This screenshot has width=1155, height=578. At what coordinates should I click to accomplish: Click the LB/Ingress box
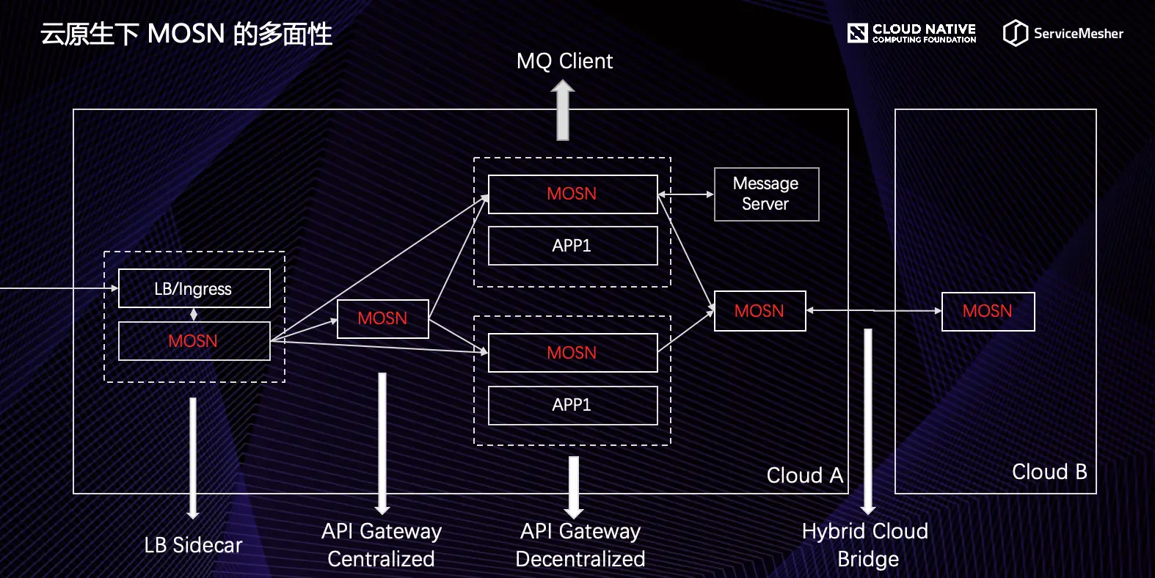(194, 288)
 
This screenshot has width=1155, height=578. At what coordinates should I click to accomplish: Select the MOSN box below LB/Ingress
(194, 341)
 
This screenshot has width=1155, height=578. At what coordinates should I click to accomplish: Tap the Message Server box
(766, 194)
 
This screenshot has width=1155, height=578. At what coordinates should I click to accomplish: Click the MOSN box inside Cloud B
(988, 311)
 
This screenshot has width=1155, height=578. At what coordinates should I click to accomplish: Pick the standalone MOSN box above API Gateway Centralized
(382, 318)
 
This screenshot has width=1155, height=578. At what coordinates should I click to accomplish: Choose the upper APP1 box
(572, 246)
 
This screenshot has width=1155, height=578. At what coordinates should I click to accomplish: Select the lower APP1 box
(572, 405)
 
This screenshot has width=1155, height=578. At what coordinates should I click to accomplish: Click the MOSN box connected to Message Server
(572, 194)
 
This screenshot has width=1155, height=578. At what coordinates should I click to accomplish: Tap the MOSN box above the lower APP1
(572, 353)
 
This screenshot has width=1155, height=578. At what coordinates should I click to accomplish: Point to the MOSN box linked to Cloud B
(759, 311)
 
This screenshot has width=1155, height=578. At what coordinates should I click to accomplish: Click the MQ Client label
(564, 61)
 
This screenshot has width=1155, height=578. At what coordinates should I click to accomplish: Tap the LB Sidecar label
(193, 545)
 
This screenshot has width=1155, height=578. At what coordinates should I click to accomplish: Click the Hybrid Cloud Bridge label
(866, 544)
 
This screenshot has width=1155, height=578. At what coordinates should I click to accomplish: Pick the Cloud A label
(804, 475)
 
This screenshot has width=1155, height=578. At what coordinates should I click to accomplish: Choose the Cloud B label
(1049, 472)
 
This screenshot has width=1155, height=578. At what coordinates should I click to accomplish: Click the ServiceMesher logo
(1063, 33)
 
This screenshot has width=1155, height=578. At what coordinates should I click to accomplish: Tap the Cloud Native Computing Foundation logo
(911, 33)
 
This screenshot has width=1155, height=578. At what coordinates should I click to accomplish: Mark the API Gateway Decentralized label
(580, 544)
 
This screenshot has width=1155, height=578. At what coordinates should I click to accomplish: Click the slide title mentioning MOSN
(186, 34)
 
